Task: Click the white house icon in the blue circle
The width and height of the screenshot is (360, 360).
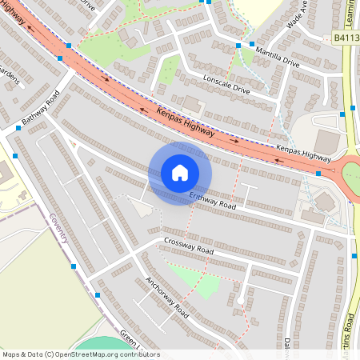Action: coord(180,172)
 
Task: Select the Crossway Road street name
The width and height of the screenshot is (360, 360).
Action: coord(190,246)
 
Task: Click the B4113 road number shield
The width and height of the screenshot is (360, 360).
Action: coord(345,37)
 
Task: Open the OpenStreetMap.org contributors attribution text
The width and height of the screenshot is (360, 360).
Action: coord(107,354)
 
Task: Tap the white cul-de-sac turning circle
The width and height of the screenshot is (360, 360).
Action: coord(240,299)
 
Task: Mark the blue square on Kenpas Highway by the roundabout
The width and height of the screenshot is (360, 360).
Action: coord(318,172)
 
